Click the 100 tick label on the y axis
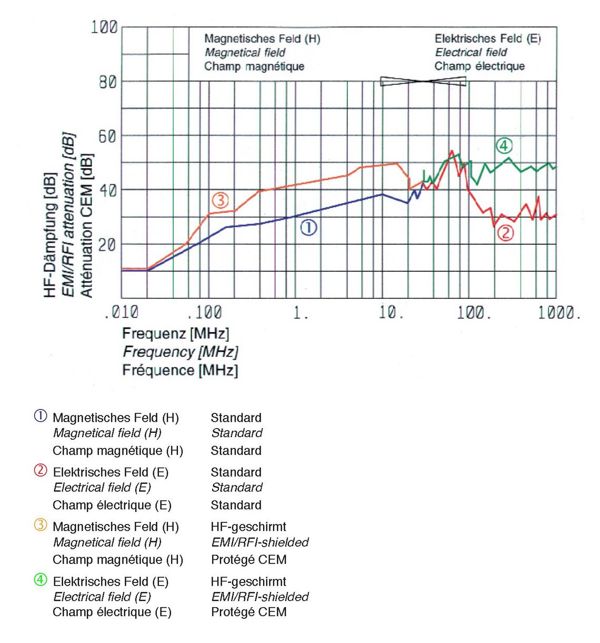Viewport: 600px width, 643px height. pyautogui.click(x=104, y=27)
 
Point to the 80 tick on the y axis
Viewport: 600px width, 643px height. pyautogui.click(x=107, y=82)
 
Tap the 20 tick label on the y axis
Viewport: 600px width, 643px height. pyautogui.click(x=107, y=244)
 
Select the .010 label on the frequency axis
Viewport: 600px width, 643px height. pyautogui.click(x=121, y=313)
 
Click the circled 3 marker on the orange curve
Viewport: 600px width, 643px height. pyautogui.click(x=220, y=200)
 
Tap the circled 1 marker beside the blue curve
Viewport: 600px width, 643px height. pyautogui.click(x=308, y=227)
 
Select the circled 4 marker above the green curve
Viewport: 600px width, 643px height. pyautogui.click(x=504, y=145)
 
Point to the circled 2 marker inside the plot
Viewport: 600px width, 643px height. pyautogui.click(x=505, y=232)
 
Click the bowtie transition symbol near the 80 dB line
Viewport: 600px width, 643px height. pyautogui.click(x=423, y=81)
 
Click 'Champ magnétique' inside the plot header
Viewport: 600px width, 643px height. pyautogui.click(x=254, y=66)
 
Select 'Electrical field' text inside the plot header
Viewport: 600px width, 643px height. pyautogui.click(x=471, y=52)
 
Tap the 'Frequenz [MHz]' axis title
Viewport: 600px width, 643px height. pyautogui.click(x=175, y=333)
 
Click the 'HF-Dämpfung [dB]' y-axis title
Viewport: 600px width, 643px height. pyautogui.click(x=50, y=235)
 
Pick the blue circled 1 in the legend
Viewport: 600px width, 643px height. pyautogui.click(x=41, y=416)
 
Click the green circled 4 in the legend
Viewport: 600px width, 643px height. pyautogui.click(x=41, y=580)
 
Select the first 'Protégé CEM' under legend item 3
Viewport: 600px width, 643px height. pyautogui.click(x=248, y=559)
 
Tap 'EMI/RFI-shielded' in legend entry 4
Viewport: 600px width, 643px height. pyautogui.click(x=259, y=597)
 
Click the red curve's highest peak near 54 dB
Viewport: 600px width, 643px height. pyautogui.click(x=451, y=151)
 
